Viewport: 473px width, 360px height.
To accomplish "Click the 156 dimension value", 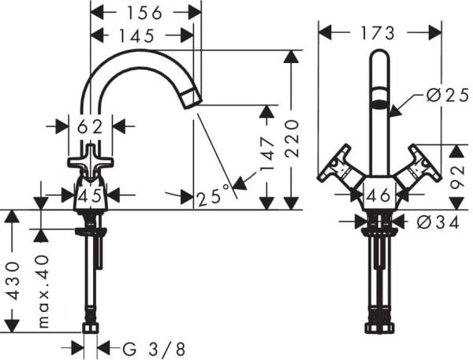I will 145,12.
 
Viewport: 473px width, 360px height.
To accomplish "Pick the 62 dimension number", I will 90,124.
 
